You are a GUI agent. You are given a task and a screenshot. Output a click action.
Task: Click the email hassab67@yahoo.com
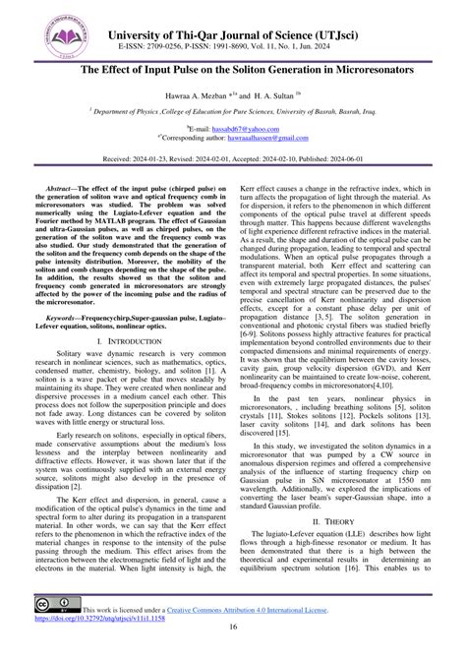tap(238, 129)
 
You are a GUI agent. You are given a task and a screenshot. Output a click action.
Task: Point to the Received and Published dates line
tap(233, 157)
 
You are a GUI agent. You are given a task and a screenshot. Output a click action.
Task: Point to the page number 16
tap(233, 642)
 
